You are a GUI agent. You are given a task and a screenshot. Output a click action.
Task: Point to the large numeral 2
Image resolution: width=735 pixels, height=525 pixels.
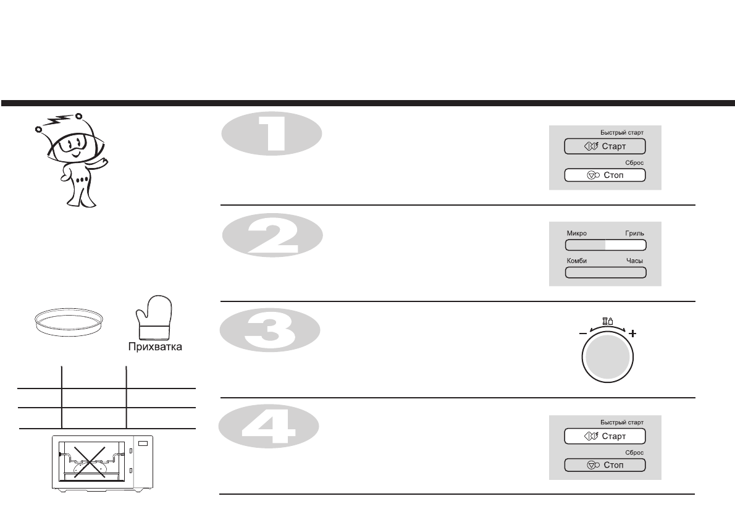point(272,234)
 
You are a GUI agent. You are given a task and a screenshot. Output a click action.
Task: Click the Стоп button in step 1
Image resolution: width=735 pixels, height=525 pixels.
point(605,175)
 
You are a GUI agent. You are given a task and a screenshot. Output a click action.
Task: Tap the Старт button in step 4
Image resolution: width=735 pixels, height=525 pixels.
point(605,436)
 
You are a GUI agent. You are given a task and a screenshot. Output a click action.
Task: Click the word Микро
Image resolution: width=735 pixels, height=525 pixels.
point(576,233)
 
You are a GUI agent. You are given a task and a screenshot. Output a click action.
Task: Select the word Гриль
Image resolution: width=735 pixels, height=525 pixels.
point(634,233)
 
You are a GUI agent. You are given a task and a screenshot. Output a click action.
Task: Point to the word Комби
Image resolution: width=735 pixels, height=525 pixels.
point(577,261)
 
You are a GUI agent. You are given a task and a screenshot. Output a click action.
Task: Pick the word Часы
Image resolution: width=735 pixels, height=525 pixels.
point(635,261)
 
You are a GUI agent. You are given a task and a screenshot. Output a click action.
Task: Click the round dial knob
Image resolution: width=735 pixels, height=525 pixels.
point(606,361)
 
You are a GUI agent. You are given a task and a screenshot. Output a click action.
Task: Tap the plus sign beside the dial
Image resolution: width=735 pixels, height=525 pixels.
point(632,334)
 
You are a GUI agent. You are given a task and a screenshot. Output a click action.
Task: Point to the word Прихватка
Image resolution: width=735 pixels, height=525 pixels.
point(154,346)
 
